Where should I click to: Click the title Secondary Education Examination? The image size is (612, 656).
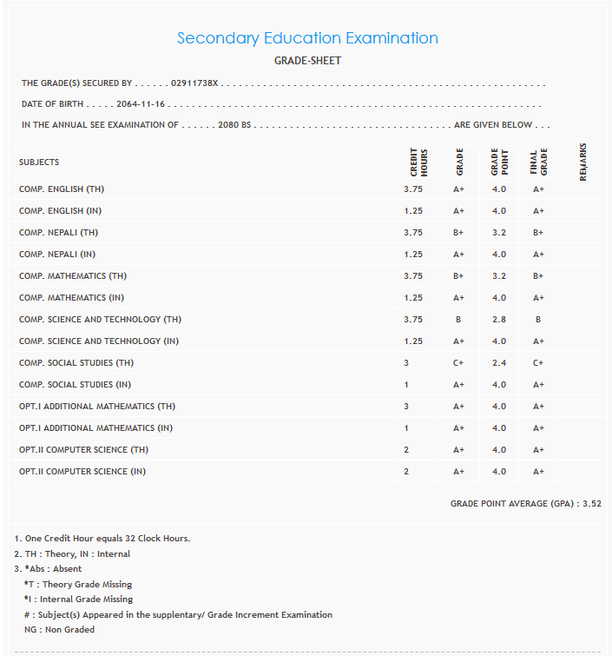pos(307,38)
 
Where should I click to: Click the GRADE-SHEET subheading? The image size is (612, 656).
pos(307,61)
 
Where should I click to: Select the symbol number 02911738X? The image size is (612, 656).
pos(195,83)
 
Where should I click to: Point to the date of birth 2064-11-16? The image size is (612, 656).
pos(141,104)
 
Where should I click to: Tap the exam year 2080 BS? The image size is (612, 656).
pos(234,125)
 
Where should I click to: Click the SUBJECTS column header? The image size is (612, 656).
pos(39,162)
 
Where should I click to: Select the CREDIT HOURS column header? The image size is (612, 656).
pos(418,162)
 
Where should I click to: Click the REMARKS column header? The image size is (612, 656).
pos(582,162)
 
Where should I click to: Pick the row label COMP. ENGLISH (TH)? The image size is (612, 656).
pos(62,189)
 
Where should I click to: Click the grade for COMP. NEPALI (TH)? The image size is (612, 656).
pos(459,233)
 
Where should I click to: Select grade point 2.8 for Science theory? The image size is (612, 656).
pos(498,320)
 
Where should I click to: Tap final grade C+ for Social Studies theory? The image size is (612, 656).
pos(538,363)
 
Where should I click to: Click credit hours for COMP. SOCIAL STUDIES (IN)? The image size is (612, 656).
pos(407,385)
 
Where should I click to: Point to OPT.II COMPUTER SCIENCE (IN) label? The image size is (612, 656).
pos(82,472)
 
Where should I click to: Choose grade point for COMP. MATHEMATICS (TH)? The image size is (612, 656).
pos(498,276)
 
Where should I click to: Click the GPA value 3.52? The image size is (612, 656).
pos(592,503)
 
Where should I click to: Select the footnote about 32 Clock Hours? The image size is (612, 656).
pos(102,539)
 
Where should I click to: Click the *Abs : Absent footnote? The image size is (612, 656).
pos(53,569)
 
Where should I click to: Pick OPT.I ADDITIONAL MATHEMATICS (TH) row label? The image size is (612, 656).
pos(97,407)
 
